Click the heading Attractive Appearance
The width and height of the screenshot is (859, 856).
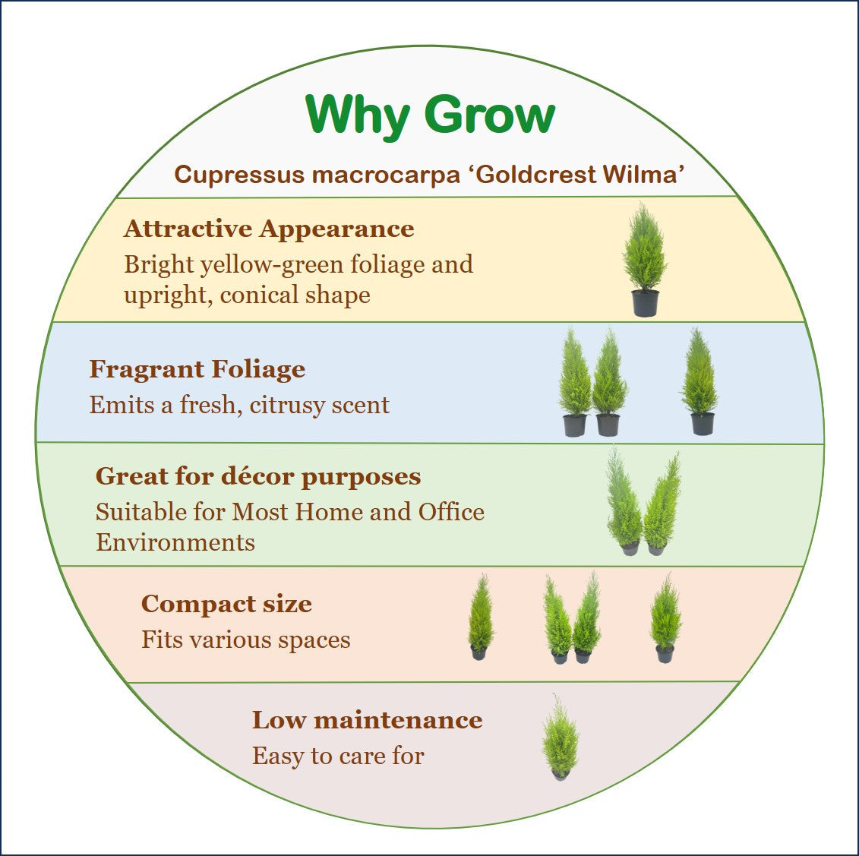coord(269,229)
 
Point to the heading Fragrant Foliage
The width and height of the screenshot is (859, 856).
coord(197,369)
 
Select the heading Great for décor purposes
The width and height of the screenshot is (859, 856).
coord(258,476)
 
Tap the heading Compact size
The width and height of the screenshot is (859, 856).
coord(226,604)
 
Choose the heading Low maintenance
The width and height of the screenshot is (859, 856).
coord(367,719)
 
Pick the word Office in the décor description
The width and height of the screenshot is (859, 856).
coord(451,512)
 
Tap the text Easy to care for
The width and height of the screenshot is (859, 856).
coord(338,756)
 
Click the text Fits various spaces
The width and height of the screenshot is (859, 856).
coord(246,640)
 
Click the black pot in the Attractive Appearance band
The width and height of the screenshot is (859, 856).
coord(645,302)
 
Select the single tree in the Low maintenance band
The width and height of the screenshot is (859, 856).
coord(560,737)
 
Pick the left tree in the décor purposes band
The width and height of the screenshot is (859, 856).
coord(624,501)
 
